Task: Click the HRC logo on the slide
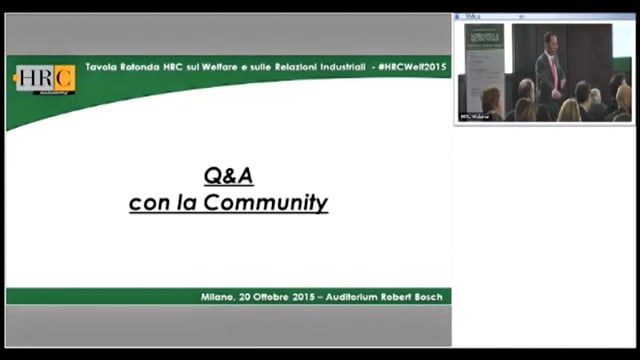point(45,79)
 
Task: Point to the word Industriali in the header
point(337,65)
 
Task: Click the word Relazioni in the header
point(295,65)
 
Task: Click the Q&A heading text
point(228,176)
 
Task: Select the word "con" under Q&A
point(147,203)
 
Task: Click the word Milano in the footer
point(217,297)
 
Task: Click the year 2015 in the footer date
point(305,297)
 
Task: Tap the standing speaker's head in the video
point(549,41)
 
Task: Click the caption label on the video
point(473,116)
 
